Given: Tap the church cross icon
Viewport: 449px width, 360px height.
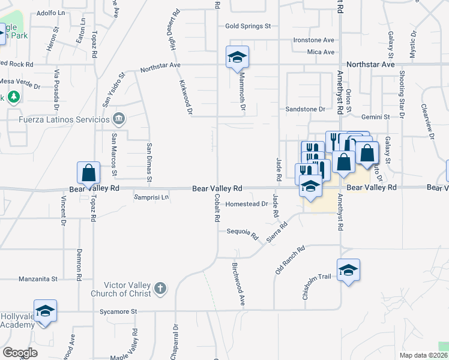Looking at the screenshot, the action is (x=159, y=289).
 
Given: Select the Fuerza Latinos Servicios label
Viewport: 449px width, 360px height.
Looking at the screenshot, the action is (x=58, y=119).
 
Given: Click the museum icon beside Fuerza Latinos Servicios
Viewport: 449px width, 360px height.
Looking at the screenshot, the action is (x=119, y=118).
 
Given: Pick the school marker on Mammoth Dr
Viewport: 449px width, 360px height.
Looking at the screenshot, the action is (x=237, y=57).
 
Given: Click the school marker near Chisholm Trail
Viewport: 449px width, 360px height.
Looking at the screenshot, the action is (x=348, y=270).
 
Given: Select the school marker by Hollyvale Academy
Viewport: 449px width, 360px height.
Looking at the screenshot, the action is (x=45, y=311).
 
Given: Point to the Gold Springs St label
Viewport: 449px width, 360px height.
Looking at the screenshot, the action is (x=249, y=26).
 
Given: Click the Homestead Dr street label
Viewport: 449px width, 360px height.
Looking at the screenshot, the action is (x=247, y=204).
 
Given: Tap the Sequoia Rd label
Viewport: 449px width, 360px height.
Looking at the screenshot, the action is (x=242, y=232).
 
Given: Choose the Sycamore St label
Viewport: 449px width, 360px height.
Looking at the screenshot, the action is (x=118, y=311).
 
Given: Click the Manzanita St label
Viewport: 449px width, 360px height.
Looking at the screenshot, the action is (x=37, y=279).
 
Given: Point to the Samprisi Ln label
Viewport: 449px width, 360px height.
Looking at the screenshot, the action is (x=151, y=197).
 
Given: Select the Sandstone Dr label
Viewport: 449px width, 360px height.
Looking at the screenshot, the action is (x=305, y=109).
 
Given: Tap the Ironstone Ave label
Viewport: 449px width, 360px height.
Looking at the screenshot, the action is (x=313, y=40).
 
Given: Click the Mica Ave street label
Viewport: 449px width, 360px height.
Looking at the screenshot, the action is (x=321, y=52).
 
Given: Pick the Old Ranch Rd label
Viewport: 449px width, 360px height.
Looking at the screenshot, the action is (x=290, y=259).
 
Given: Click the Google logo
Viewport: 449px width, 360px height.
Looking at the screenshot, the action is (x=20, y=353).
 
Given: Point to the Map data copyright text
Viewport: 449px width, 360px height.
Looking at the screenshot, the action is (x=423, y=355).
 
